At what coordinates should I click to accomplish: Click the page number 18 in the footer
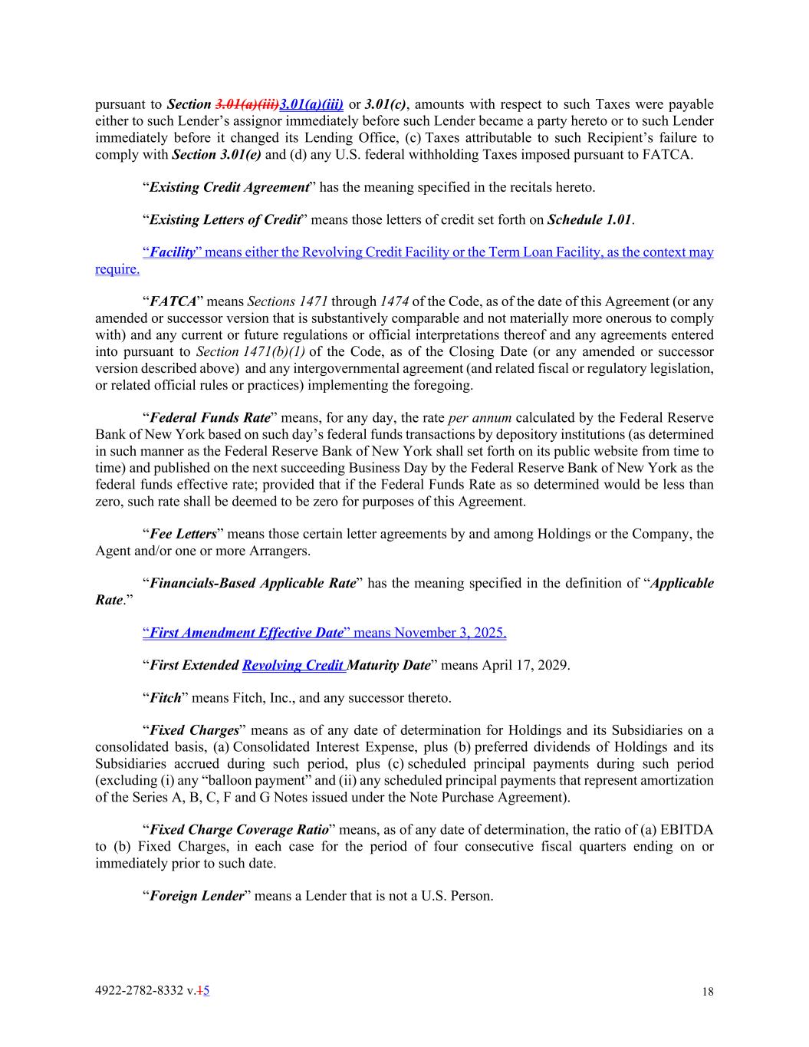tap(707, 992)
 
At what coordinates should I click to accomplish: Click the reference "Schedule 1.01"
tap(589, 220)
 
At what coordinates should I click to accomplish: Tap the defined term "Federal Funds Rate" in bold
tap(210, 418)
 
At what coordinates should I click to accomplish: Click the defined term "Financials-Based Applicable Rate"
tap(253, 584)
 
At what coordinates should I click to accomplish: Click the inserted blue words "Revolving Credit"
tap(292, 665)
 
